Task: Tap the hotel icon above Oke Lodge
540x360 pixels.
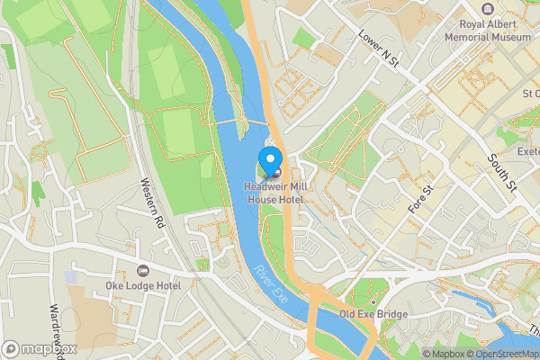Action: click(141, 271)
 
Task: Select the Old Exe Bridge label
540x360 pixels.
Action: click(373, 314)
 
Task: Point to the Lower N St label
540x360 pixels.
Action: click(378, 47)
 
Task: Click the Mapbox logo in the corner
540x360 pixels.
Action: click(40, 348)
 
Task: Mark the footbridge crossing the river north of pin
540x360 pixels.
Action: click(243, 121)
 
